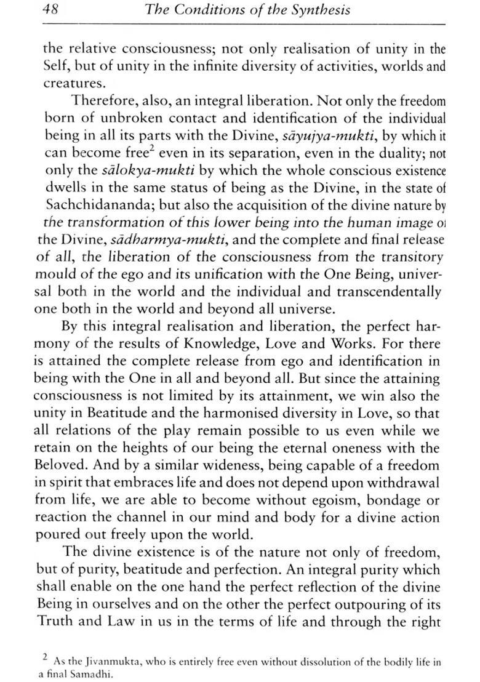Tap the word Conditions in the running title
(215, 10)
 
